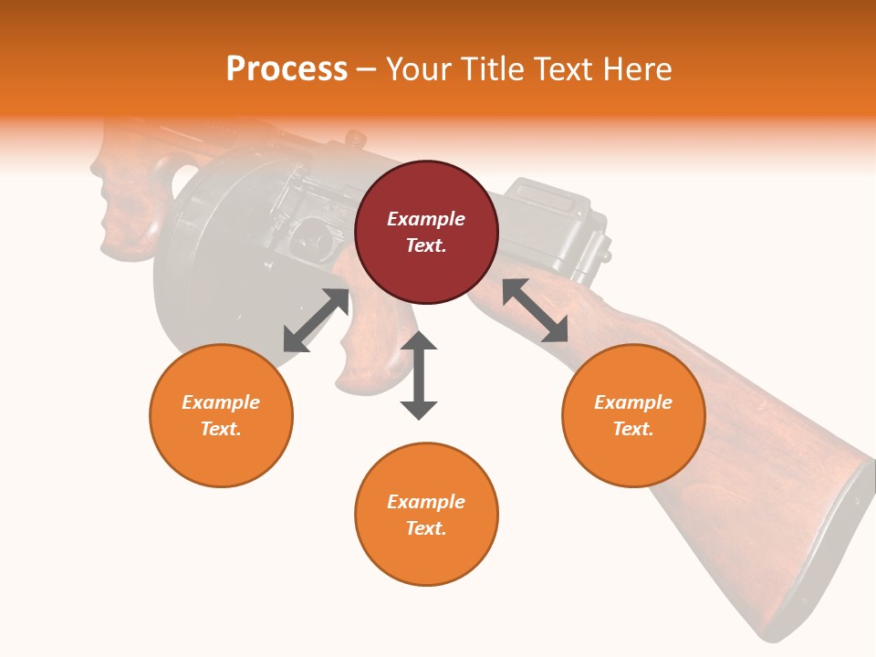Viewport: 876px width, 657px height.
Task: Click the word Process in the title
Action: coord(287,69)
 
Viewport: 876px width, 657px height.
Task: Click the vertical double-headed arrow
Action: coord(419,375)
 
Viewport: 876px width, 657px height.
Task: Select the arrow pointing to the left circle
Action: coord(316,320)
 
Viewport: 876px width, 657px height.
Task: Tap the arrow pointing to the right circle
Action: coord(535,310)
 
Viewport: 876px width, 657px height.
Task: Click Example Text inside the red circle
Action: coord(426,232)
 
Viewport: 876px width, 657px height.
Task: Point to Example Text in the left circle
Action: coord(221,415)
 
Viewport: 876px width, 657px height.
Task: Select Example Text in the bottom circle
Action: coord(426,515)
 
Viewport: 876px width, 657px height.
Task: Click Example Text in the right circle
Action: coord(633,415)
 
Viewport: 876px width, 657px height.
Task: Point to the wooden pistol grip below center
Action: coord(370,347)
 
